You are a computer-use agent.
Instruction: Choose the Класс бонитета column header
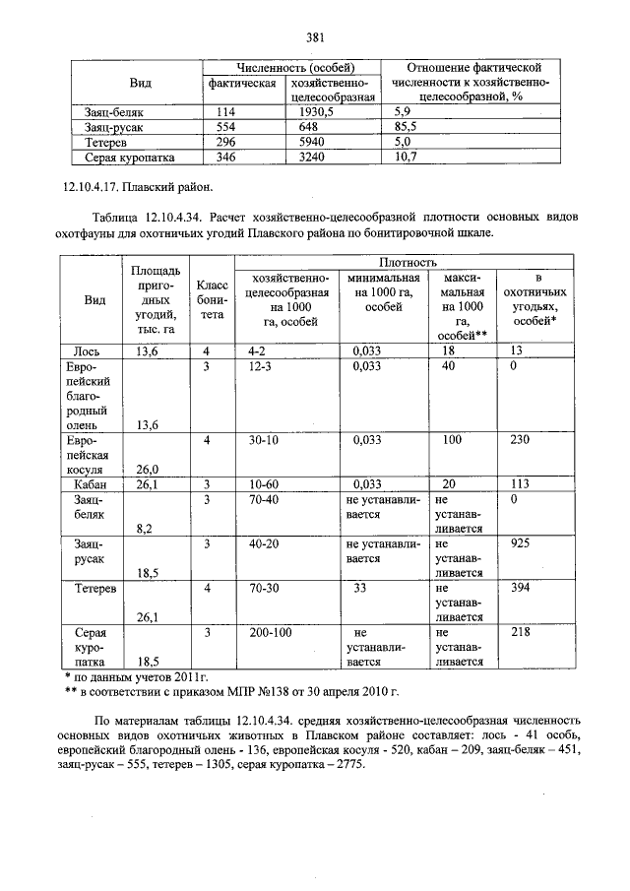(x=207, y=298)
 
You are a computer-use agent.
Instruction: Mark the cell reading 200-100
(x=271, y=633)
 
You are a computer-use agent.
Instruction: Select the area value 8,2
(x=145, y=528)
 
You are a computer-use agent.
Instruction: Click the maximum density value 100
(x=453, y=441)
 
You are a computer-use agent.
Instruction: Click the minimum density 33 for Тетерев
(x=360, y=588)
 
